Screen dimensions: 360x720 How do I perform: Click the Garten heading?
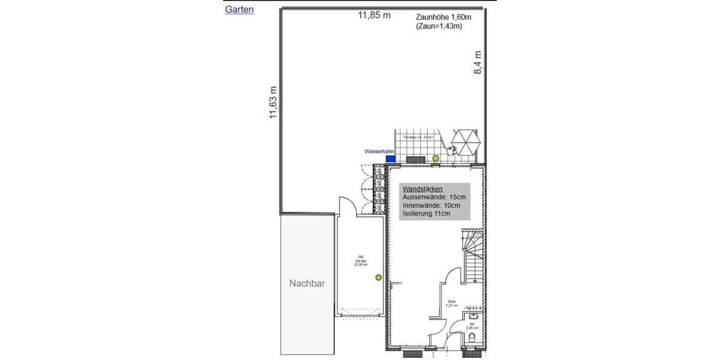(x=239, y=10)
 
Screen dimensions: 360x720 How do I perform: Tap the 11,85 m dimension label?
(x=374, y=16)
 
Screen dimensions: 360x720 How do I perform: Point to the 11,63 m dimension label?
(x=274, y=101)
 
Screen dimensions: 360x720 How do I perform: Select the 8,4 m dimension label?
(x=478, y=62)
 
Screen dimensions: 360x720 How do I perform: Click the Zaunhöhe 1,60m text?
(x=443, y=17)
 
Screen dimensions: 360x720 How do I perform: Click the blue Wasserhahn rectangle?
(x=390, y=159)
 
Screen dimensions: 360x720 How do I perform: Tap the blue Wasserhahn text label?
(x=379, y=152)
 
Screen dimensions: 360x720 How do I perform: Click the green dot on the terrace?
(x=436, y=158)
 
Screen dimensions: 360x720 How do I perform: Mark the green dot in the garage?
(x=379, y=277)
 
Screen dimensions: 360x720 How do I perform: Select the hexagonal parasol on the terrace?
(x=466, y=143)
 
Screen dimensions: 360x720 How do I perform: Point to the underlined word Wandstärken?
(x=422, y=189)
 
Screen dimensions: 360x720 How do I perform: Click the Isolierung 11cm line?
(x=427, y=213)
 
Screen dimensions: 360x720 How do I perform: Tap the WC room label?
(x=472, y=325)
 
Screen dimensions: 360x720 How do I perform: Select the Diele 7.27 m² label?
(x=452, y=304)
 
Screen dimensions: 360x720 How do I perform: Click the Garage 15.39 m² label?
(x=361, y=262)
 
